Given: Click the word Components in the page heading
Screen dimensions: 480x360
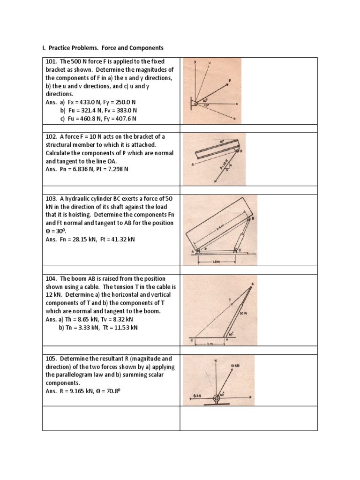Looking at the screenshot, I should (146, 48).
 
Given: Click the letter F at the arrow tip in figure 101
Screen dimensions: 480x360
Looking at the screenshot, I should (230, 80).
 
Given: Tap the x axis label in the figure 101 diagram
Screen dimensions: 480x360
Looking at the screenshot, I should (236, 104).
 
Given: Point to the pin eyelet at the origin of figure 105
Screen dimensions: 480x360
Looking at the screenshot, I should (216, 400).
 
